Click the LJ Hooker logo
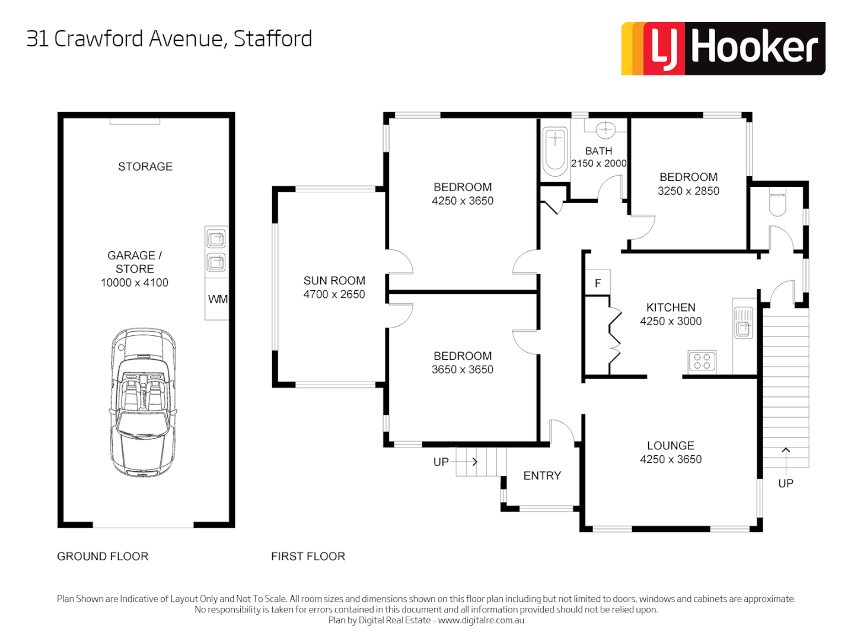723,49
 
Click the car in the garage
143,402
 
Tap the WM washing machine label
218,299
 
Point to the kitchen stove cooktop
702,361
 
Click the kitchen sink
743,323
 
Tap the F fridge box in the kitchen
598,283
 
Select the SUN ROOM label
334,281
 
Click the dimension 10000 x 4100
135,283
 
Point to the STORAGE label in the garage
145,167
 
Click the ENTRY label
542,476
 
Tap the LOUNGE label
670,446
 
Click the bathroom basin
605,129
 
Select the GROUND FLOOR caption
103,557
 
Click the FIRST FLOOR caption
308,557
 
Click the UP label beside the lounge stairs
786,484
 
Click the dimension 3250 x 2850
688,191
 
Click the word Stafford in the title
273,39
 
